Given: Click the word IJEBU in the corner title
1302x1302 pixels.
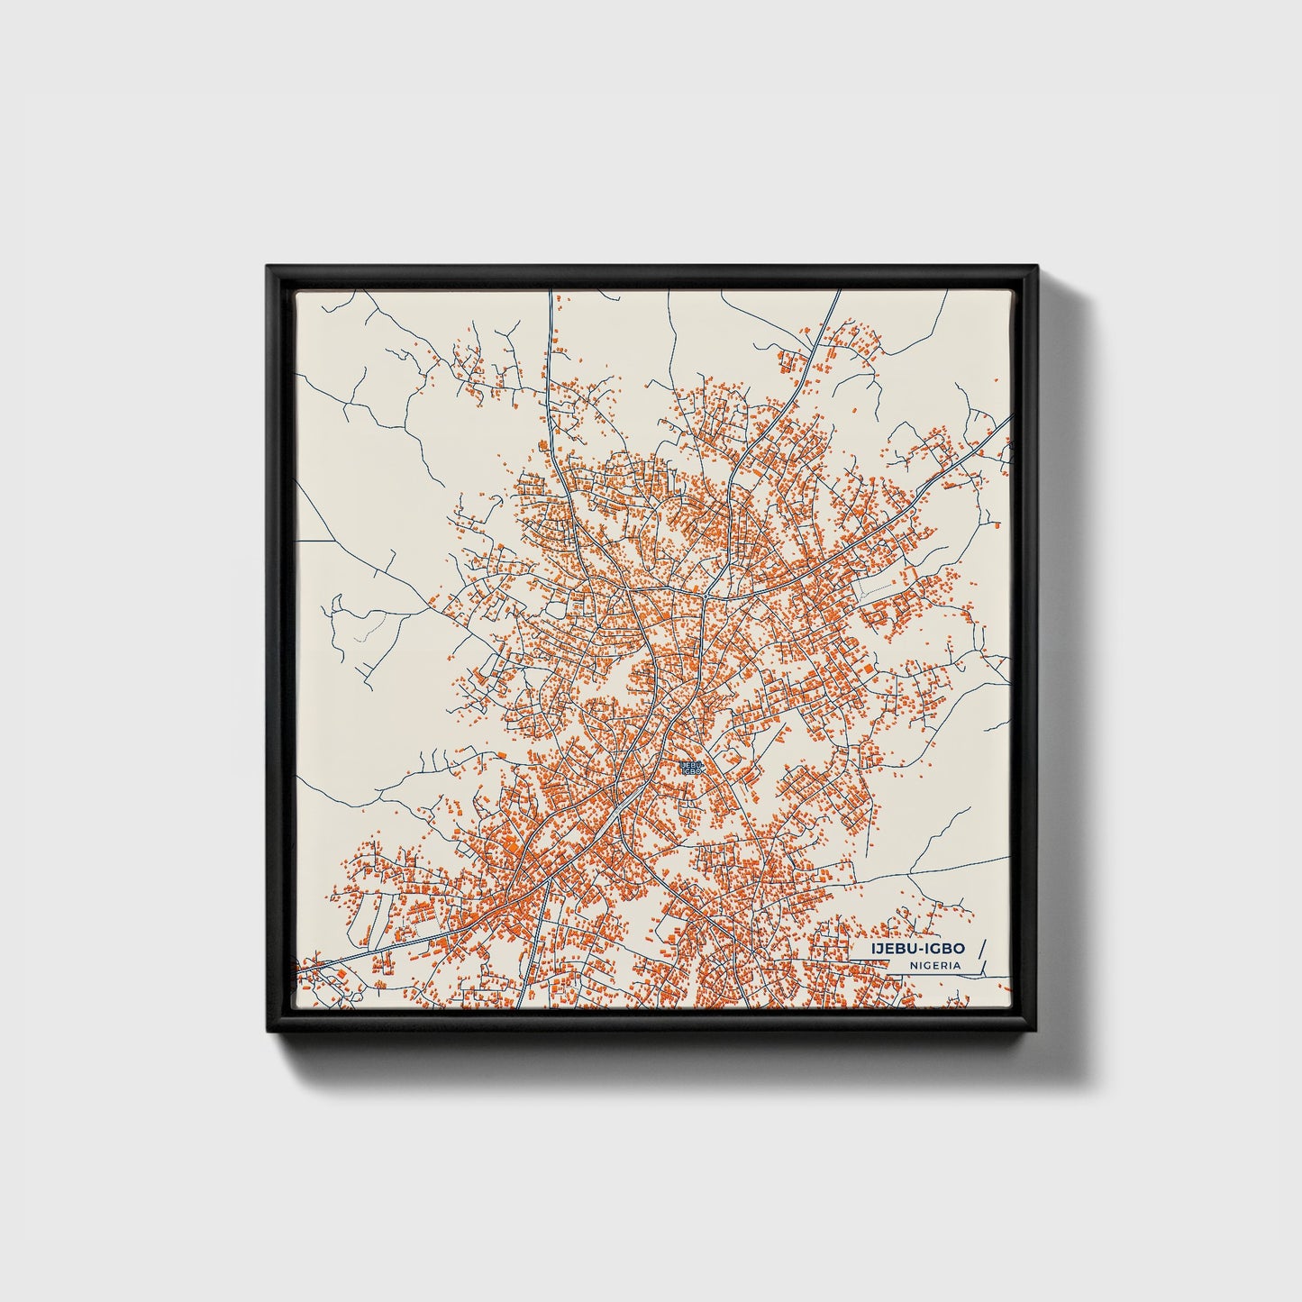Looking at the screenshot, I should pos(891,949).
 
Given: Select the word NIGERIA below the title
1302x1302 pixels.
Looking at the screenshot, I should pos(934,965).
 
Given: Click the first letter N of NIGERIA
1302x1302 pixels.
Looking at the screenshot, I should pos(913,965).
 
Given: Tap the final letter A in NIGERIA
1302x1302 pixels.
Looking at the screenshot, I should pos(957,965).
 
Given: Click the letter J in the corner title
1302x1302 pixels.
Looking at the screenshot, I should pos(879,949).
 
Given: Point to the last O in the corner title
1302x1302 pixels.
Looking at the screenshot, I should pos(959,949).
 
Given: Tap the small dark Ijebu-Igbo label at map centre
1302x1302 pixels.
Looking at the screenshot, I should pos(692,768).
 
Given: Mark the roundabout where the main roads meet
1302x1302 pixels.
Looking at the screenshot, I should pos(706,596).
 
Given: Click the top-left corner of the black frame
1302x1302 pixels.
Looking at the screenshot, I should pos(269,267).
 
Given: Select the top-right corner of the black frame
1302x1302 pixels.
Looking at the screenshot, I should pos(1037,267).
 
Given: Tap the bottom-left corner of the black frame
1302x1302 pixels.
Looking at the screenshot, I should pos(269,1033).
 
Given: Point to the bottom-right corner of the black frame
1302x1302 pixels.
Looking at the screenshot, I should pos(1037,1033).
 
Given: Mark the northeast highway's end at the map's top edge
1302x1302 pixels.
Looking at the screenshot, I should pos(838,292).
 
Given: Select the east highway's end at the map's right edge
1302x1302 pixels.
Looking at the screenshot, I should pos(1010,416).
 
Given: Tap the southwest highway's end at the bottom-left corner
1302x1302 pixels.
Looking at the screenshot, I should pos(300,970).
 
